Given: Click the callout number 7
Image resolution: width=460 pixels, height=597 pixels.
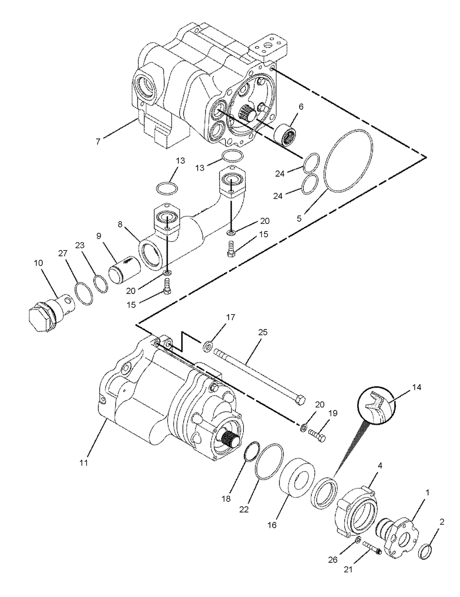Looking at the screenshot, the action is click(x=98, y=142).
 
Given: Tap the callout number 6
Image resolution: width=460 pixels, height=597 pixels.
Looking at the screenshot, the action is click(x=301, y=107).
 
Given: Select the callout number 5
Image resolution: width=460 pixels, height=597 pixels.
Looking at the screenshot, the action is click(x=299, y=218).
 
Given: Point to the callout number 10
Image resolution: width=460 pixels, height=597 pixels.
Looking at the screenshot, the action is click(x=39, y=263).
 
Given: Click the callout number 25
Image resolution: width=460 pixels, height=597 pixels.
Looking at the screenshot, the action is click(x=263, y=332).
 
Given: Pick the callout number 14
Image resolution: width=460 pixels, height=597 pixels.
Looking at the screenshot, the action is click(x=416, y=387).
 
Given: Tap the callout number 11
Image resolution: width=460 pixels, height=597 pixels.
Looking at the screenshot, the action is click(x=84, y=463).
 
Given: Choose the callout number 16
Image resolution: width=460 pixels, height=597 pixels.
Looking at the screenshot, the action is click(x=272, y=525).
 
